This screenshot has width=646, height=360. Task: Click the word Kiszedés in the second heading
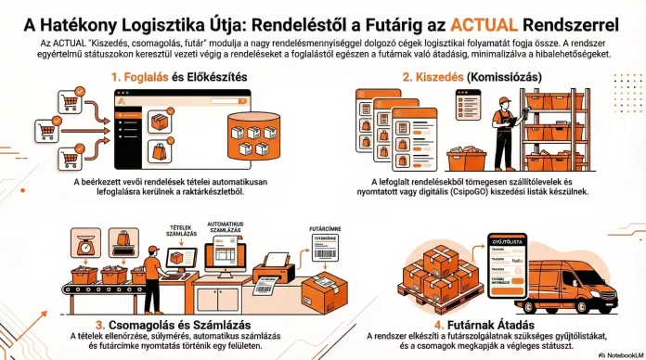[438, 77]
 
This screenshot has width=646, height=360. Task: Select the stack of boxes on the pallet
[443, 274]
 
